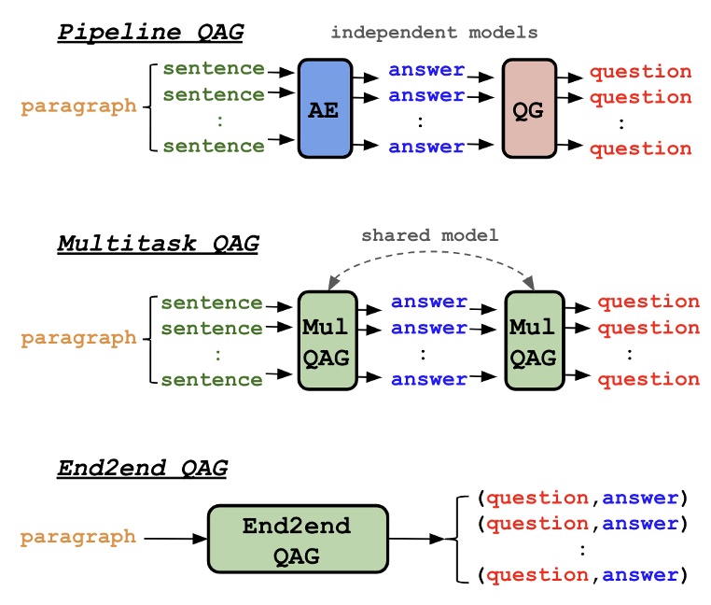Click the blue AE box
point(325,108)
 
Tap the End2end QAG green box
point(296,540)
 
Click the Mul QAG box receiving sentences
point(325,341)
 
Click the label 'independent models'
point(434,33)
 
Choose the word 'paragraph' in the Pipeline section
point(78,106)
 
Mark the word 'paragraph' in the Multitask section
point(78,338)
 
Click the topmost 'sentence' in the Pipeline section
point(213,68)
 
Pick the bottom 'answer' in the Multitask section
point(428,379)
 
